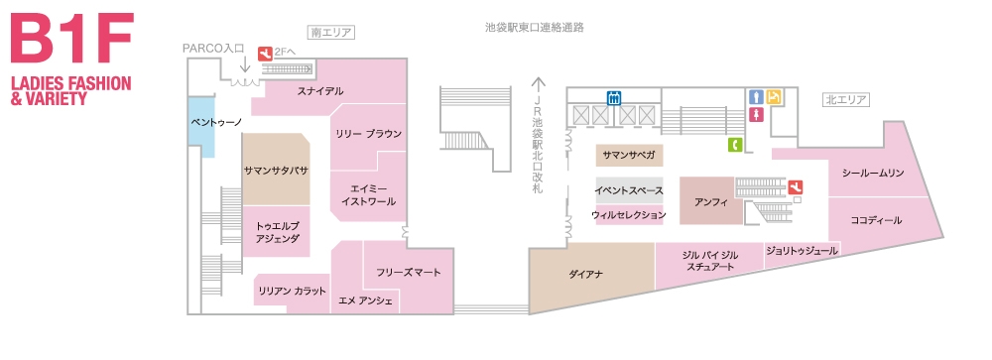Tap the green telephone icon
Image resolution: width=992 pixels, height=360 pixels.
click(735, 145)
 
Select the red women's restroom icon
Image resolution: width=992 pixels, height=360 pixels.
click(757, 115)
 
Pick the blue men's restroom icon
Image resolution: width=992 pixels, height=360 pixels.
click(757, 97)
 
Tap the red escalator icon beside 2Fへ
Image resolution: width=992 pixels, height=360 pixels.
click(265, 53)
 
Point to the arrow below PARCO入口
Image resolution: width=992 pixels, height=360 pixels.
click(244, 64)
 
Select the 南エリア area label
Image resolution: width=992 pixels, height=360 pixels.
click(331, 33)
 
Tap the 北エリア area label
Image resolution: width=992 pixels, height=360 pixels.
click(846, 99)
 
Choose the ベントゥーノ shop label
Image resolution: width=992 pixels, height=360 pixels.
click(216, 122)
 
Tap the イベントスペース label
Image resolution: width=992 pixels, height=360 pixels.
click(628, 189)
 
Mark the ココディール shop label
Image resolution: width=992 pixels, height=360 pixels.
click(877, 218)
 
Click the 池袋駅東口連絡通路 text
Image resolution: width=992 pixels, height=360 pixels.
click(528, 27)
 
